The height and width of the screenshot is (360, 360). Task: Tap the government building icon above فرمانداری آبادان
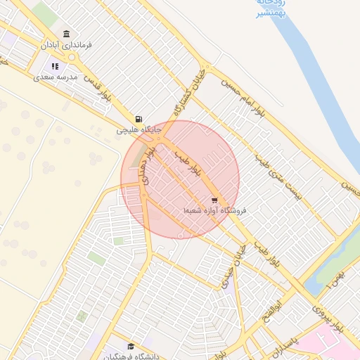tap(67, 34)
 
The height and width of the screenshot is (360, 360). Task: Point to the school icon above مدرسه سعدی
tap(55, 65)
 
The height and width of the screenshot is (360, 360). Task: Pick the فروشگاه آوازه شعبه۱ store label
tap(217, 211)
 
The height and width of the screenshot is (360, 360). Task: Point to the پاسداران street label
tap(288, 346)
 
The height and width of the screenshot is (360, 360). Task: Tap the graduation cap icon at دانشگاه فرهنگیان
tap(130, 347)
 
